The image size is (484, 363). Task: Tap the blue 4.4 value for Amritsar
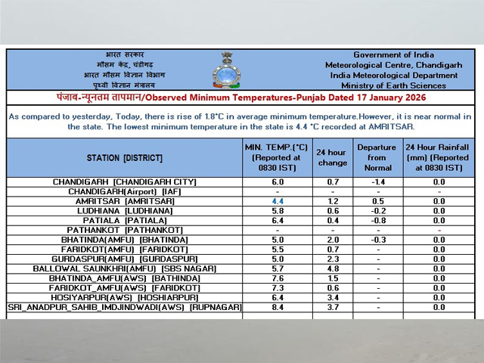click(x=278, y=202)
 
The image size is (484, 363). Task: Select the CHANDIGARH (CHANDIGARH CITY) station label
click(x=125, y=182)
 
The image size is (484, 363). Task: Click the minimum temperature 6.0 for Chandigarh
click(x=278, y=182)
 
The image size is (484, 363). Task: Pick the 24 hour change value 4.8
click(x=333, y=268)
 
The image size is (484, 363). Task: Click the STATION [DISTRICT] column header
click(x=125, y=157)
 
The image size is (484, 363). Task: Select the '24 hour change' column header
click(x=333, y=157)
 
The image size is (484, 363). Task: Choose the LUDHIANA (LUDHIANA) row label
click(x=125, y=211)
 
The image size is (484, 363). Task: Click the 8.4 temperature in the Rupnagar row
click(x=278, y=307)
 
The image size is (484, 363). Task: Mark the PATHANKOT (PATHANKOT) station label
click(x=125, y=230)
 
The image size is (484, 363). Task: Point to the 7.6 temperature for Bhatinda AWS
click(x=278, y=278)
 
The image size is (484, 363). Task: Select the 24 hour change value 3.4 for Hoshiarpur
click(x=333, y=297)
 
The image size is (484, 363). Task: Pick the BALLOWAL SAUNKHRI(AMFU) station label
click(x=125, y=268)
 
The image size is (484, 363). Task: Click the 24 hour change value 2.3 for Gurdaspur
click(x=333, y=259)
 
